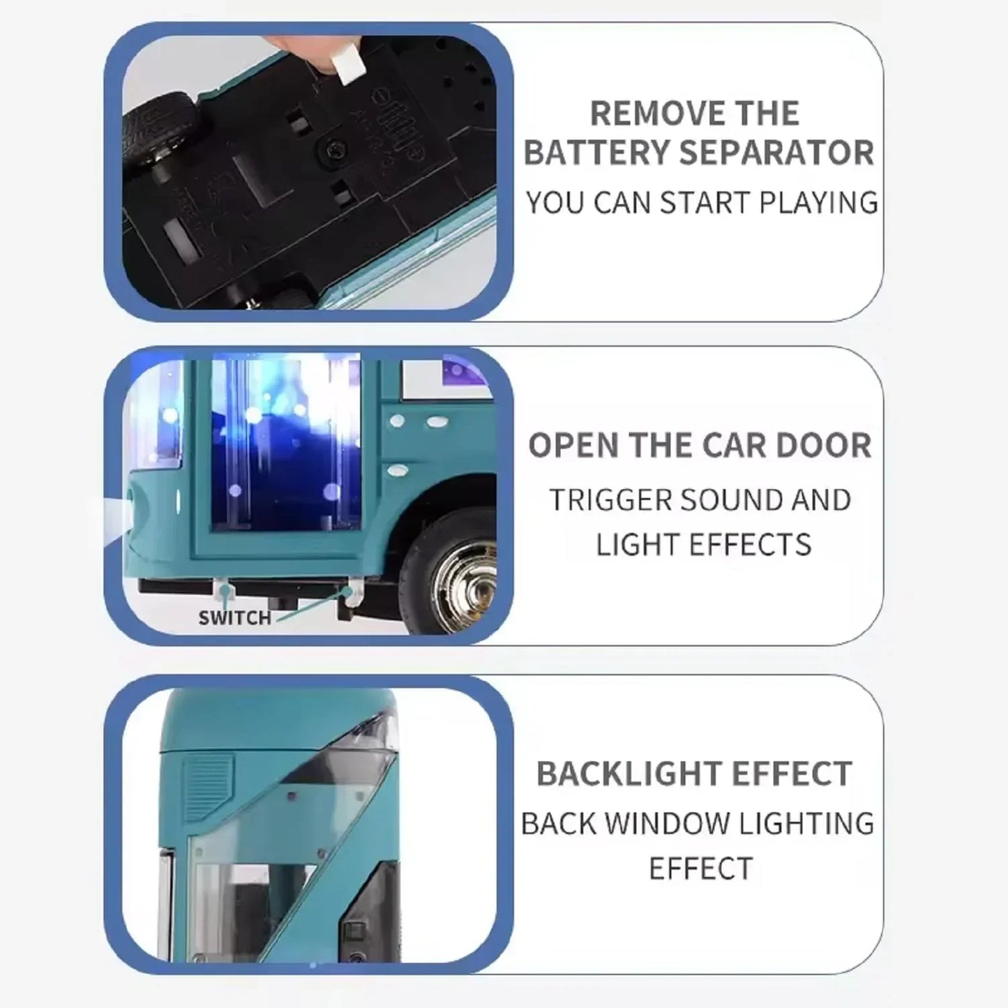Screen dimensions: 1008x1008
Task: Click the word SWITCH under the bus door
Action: (234, 618)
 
